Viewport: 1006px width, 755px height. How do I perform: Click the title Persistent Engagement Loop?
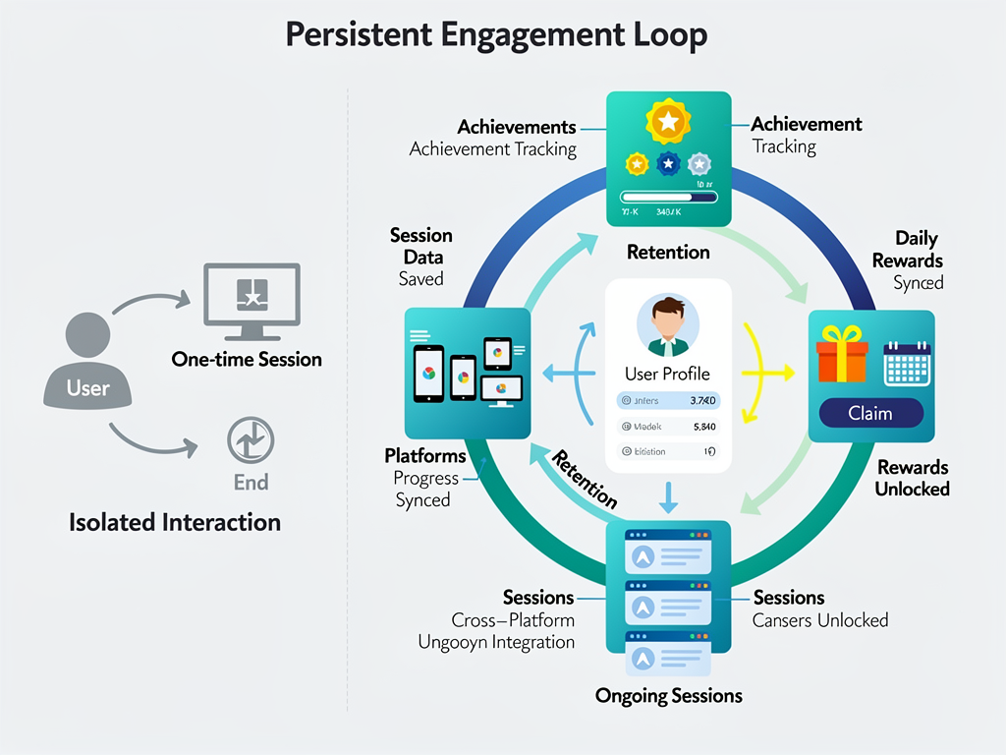coord(496,35)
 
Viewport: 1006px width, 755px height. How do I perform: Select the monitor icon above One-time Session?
coord(251,295)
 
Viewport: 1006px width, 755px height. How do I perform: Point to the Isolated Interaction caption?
coord(175,522)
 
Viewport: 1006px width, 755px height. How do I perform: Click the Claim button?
coord(870,414)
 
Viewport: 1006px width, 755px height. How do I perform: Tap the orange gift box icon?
coord(842,355)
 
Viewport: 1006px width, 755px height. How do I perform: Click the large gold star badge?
coord(668,122)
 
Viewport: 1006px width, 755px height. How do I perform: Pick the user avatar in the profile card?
coord(668,325)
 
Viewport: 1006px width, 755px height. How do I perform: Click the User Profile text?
coord(667,374)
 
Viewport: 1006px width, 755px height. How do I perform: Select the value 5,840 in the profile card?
coord(703,427)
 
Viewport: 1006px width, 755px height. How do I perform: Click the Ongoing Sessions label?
coord(668,696)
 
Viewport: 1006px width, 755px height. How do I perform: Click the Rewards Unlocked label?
coord(913,478)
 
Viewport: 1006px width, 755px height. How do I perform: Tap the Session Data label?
coord(420,246)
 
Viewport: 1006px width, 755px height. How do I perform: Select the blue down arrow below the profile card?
coord(668,497)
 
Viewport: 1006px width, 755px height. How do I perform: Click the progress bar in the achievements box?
coord(656,196)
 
